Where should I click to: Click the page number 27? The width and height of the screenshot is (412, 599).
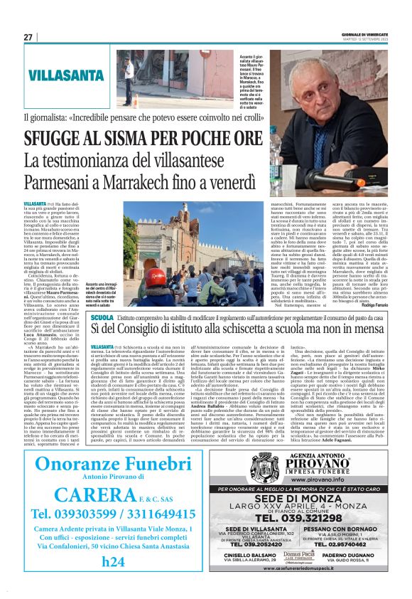coord(28,37)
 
